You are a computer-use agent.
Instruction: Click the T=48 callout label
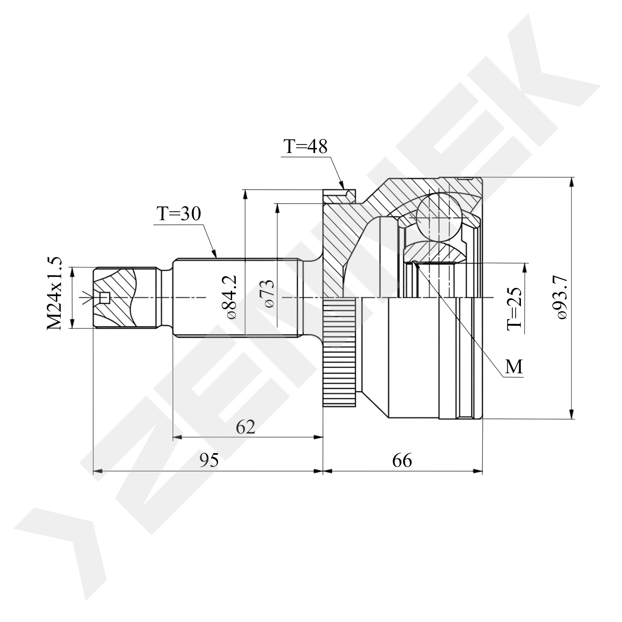[x=305, y=146]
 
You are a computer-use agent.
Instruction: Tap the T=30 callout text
[x=179, y=213]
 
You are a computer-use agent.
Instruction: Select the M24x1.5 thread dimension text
[x=54, y=293]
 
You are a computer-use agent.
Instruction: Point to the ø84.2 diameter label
[x=231, y=297]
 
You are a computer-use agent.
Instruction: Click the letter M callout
[x=513, y=367]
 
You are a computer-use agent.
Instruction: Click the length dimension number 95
[x=209, y=460]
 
